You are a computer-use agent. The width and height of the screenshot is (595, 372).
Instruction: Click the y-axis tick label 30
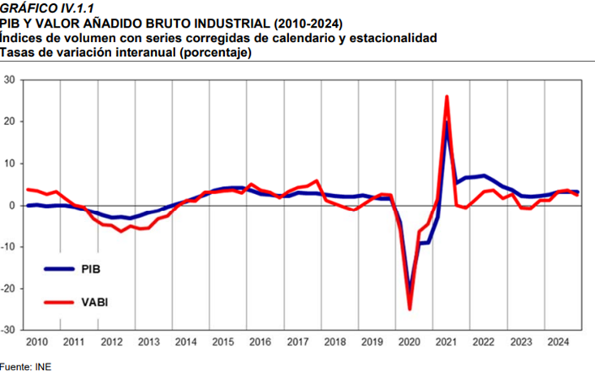point(10,80)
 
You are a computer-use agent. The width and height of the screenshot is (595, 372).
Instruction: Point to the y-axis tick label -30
point(8,331)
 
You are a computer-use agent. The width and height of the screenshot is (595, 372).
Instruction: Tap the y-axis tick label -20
point(8,288)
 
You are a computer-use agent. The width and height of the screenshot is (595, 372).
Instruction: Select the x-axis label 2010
point(37,342)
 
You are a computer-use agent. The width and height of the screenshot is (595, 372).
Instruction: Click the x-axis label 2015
point(224,342)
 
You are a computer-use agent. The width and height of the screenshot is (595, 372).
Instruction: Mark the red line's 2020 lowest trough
point(410,309)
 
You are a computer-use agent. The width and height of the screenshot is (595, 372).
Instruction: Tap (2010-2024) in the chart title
point(295,23)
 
